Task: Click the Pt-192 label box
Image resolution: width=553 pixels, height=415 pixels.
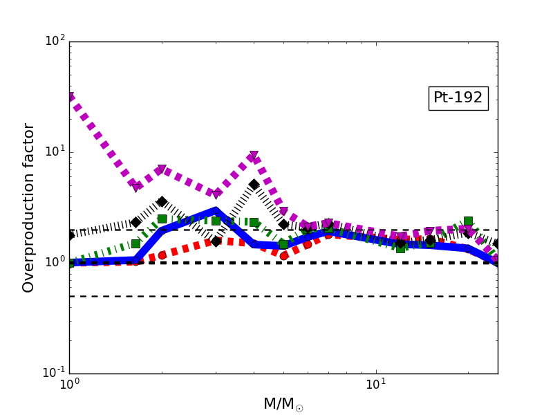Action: click(458, 98)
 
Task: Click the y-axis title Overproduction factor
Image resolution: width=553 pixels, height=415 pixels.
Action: click(28, 207)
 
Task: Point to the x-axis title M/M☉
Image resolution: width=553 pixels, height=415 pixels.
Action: click(283, 404)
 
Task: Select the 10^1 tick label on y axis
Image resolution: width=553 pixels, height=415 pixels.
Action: click(54, 152)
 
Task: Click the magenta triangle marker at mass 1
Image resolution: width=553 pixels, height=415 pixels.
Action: click(70, 98)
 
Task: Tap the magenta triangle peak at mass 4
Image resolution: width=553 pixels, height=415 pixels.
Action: click(254, 156)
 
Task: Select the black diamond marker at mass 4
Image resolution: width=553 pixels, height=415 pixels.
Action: click(254, 185)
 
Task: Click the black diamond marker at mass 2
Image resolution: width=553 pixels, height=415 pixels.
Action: click(162, 202)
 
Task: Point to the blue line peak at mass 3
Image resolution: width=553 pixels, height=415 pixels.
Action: click(216, 210)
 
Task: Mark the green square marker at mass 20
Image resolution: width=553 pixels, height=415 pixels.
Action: click(468, 221)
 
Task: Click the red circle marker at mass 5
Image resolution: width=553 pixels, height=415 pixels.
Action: click(283, 256)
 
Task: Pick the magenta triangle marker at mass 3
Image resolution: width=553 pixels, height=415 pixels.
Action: click(216, 194)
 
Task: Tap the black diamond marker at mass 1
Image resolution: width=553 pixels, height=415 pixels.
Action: click(70, 236)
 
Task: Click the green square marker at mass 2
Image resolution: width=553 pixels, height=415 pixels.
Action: click(162, 219)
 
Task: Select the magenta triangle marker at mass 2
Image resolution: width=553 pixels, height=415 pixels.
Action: click(162, 169)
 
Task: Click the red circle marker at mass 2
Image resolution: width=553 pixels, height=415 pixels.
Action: click(162, 255)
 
